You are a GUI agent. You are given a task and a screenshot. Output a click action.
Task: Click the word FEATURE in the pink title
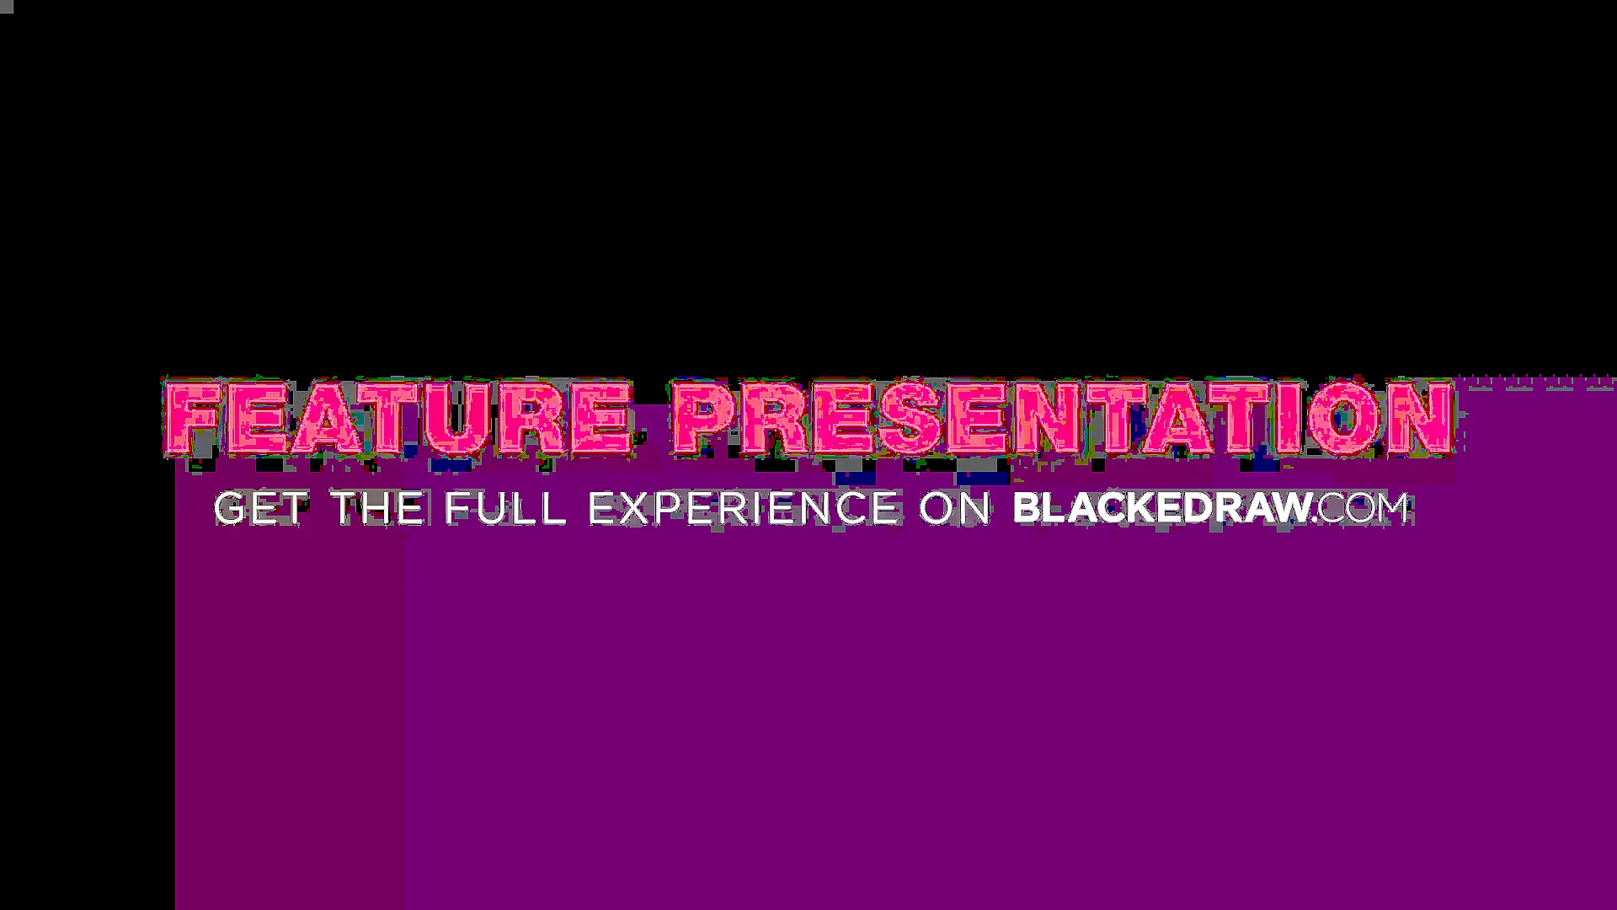pyautogui.click(x=398, y=419)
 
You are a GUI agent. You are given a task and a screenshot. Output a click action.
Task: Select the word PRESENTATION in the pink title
pyautogui.click(x=1064, y=419)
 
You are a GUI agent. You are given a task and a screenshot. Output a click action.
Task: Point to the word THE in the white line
pyautogui.click(x=378, y=509)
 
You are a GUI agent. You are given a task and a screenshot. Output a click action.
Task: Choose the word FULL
pyautogui.click(x=504, y=509)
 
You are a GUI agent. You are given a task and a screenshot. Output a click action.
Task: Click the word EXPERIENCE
pyautogui.click(x=743, y=509)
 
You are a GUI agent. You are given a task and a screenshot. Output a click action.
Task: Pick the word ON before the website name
pyautogui.click(x=955, y=509)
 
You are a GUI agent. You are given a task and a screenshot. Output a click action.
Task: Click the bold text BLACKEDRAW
pyautogui.click(x=1162, y=508)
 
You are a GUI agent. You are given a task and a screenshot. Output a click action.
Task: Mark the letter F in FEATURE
pyautogui.click(x=190, y=419)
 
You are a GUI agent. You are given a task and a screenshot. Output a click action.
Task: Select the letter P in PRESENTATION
pyautogui.click(x=704, y=419)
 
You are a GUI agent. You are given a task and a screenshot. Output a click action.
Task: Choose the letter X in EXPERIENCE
pyautogui.click(x=643, y=509)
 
